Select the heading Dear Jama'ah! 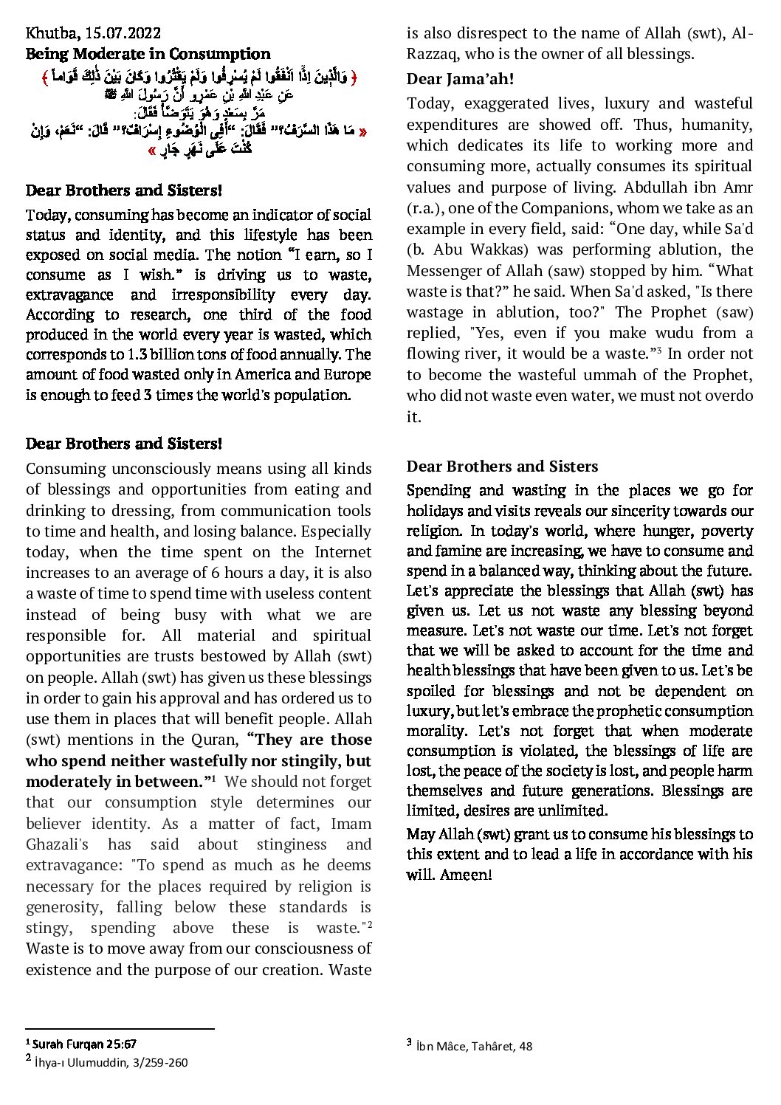[460, 79]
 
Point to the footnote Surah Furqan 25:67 [84, 1044]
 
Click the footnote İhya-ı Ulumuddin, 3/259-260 [111, 1062]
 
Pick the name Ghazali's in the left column [57, 844]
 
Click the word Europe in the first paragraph [348, 375]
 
